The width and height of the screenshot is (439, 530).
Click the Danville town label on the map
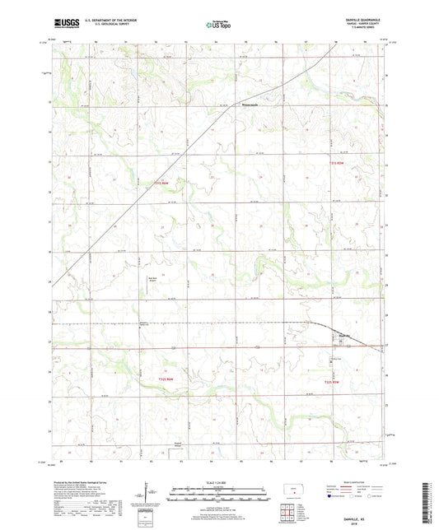click(345, 335)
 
